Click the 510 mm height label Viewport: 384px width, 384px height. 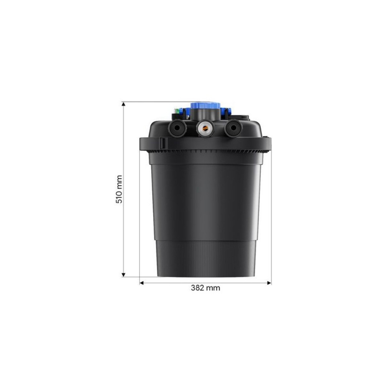point(119,189)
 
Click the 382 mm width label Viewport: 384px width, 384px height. point(205,288)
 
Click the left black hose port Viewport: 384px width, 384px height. point(177,127)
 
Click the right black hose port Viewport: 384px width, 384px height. point(233,127)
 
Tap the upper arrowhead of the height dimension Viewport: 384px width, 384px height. point(124,104)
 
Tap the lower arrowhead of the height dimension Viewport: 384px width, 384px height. point(124,275)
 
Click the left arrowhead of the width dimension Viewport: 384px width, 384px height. point(142,283)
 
